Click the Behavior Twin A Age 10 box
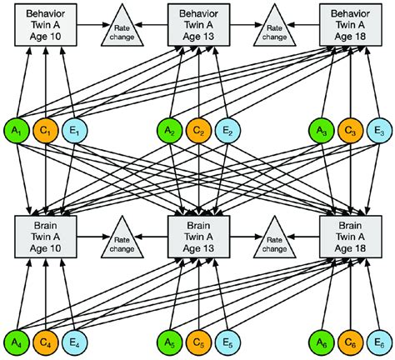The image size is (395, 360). click(x=46, y=25)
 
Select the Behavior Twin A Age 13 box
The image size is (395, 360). click(x=198, y=25)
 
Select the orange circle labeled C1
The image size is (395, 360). click(x=46, y=129)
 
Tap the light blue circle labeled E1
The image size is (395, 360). click(x=73, y=129)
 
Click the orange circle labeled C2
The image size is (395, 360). click(x=198, y=129)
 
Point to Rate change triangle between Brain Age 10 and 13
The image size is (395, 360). click(x=122, y=236)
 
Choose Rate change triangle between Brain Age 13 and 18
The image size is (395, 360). click(x=274, y=236)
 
